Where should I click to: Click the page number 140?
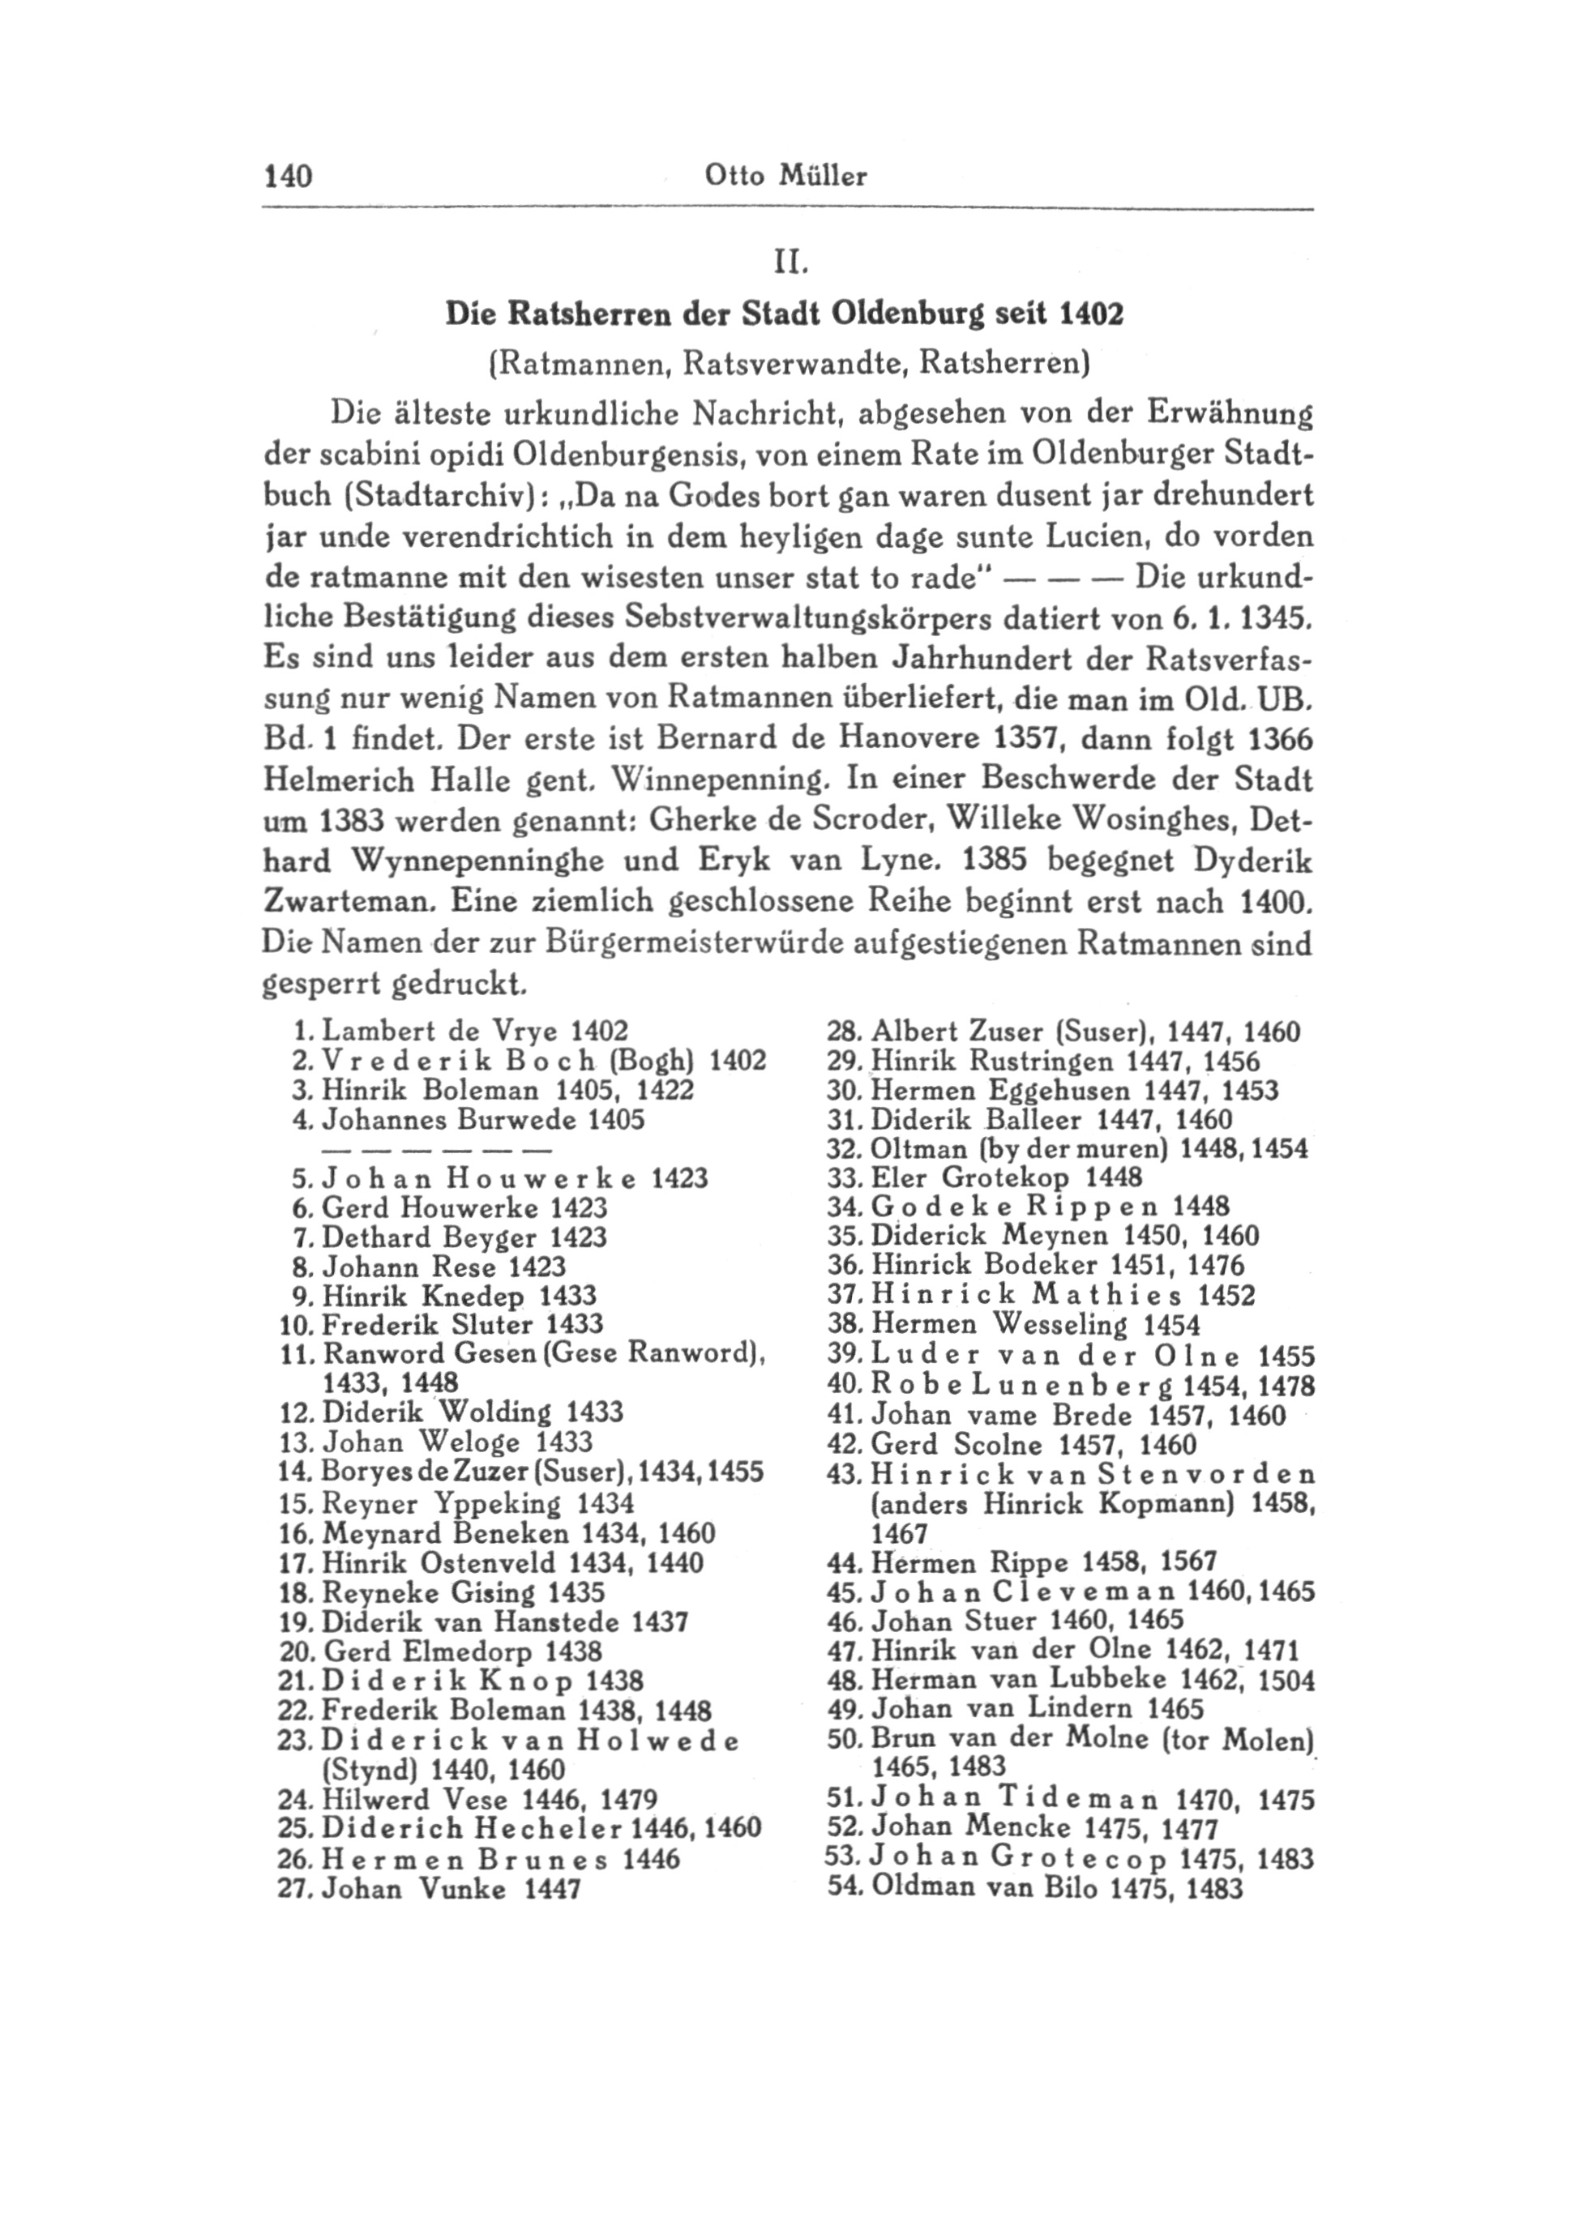287,177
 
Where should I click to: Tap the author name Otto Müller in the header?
785,177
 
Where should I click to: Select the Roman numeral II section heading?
788,263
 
